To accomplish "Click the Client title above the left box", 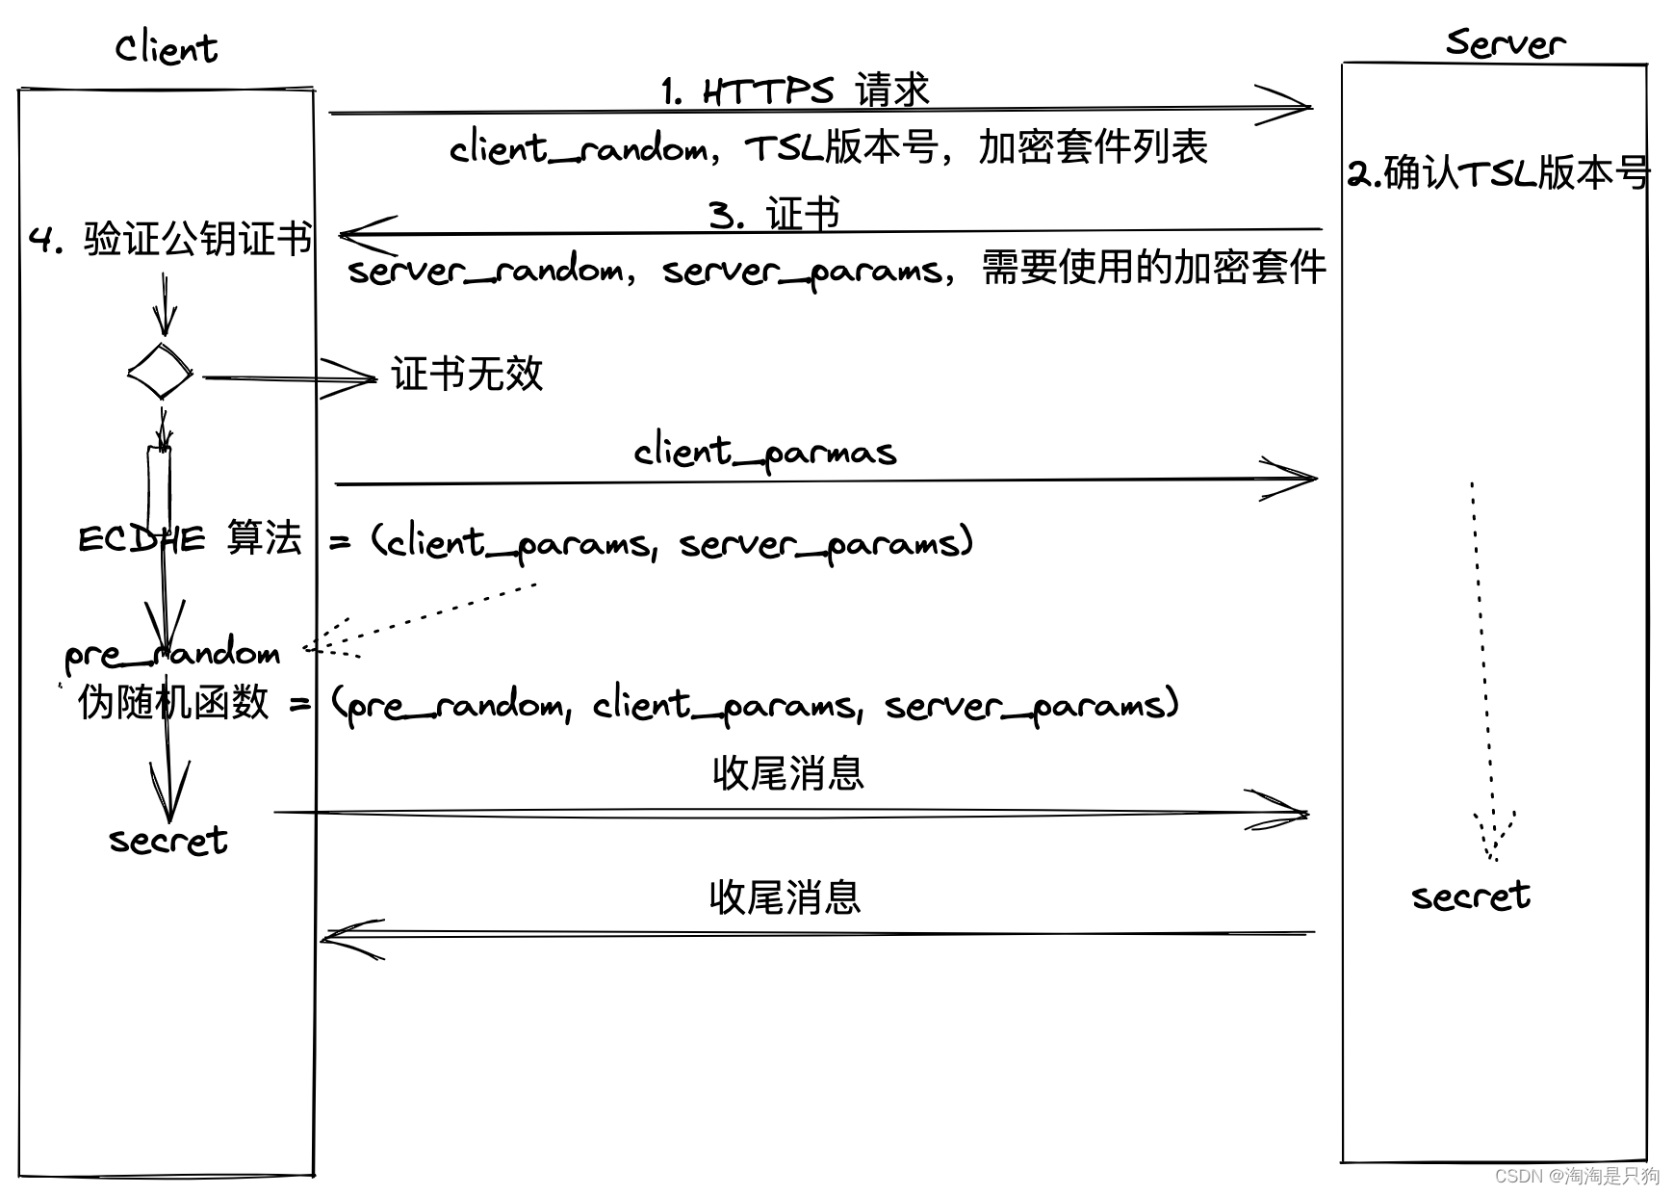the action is pos(167,48).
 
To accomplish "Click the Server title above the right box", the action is pos(1506,43).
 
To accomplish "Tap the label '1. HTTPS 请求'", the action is pos(795,91).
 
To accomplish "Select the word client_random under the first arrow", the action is pos(578,148).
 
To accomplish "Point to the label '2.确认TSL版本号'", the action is pos(1498,173).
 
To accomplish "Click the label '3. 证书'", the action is pos(774,214).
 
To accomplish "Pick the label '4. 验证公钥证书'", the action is pos(171,239).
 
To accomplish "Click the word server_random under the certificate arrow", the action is pos(485,270).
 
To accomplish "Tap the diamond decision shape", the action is pos(161,371).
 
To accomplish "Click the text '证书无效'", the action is pos(467,374).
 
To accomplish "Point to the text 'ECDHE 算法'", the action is pos(190,538).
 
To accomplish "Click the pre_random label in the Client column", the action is pos(172,654).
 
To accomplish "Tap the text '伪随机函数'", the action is pos(173,702).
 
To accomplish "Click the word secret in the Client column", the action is pos(168,841).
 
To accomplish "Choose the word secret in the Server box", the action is pos(1471,896).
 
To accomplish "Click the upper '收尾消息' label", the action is pos(788,773).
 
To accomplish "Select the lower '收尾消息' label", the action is pos(785,897).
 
